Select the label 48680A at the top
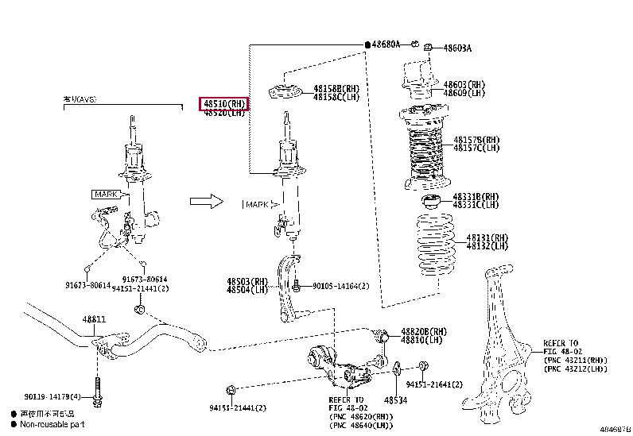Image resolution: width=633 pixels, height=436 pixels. (x=386, y=45)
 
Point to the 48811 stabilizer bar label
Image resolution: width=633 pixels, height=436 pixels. (x=93, y=319)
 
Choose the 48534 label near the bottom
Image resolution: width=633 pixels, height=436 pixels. (x=395, y=400)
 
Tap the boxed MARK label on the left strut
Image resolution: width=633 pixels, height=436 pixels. (x=106, y=194)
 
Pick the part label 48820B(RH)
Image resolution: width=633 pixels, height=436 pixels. (x=424, y=331)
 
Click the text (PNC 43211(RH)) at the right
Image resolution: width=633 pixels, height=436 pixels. (x=576, y=360)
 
